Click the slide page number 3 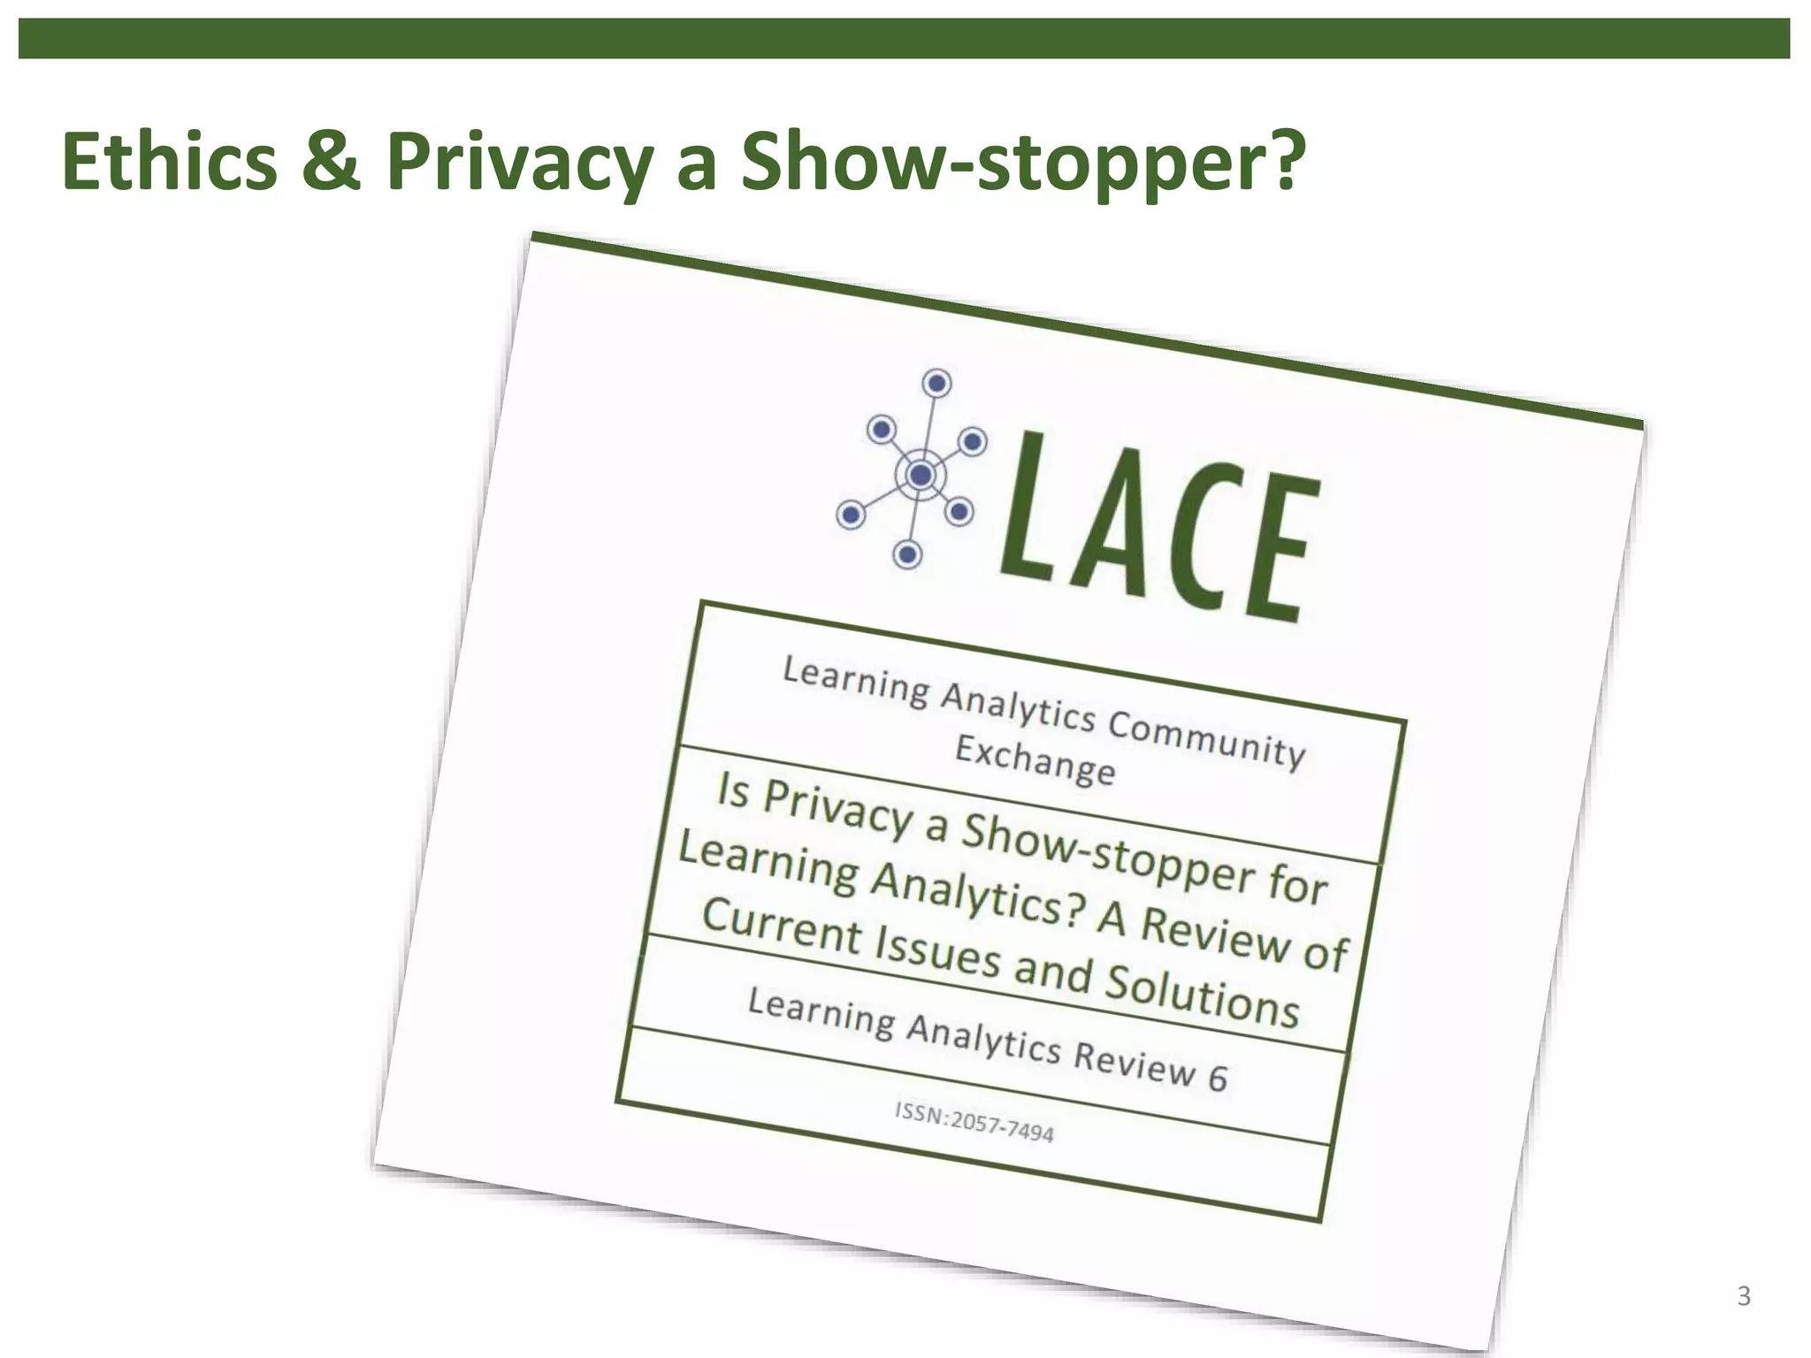click(x=1743, y=1296)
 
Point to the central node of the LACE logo click(x=921, y=476)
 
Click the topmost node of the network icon click(x=936, y=384)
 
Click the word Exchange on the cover click(x=1035, y=761)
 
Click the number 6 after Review click(x=1218, y=1078)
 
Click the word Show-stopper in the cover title click(x=1106, y=856)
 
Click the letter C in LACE click(x=1197, y=539)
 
